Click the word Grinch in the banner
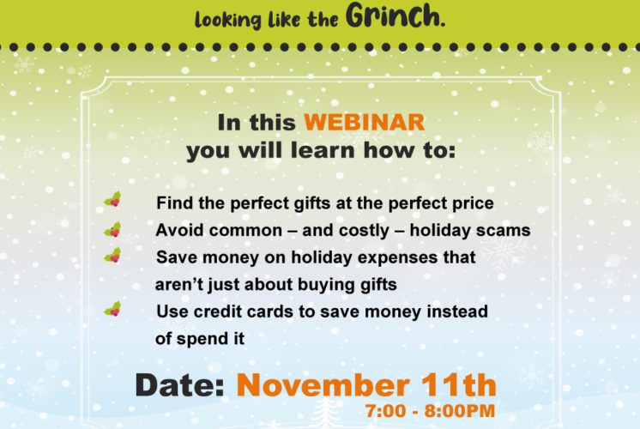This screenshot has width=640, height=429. click(x=395, y=15)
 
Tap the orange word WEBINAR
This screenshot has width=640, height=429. click(x=365, y=122)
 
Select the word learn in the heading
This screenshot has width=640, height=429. click(x=323, y=150)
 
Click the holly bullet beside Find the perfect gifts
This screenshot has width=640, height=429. click(x=112, y=199)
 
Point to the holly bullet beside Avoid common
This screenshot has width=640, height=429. click(x=112, y=229)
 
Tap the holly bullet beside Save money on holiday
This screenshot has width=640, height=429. click(x=112, y=255)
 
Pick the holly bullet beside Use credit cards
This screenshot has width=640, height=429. click(x=112, y=309)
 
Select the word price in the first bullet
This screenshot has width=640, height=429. click(x=473, y=203)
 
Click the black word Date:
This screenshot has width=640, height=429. click(x=179, y=384)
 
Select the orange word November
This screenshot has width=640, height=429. click(x=323, y=384)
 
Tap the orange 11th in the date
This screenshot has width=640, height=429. click(x=459, y=384)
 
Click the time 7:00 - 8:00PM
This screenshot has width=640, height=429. click(x=430, y=411)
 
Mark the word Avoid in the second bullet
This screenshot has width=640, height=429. click(x=177, y=230)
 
